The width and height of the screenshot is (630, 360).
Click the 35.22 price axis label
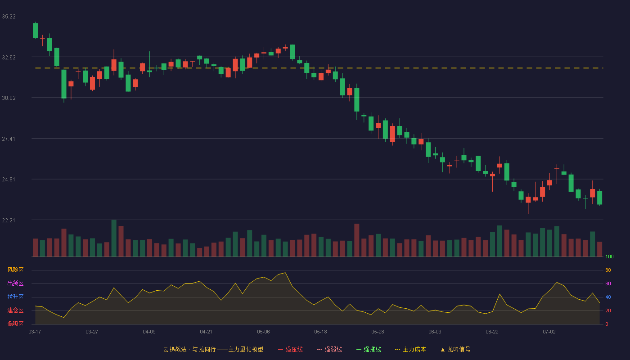(9, 17)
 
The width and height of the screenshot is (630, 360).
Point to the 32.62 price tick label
(9, 58)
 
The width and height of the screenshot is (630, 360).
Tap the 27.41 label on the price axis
(9, 139)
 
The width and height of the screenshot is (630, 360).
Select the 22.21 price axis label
(9, 220)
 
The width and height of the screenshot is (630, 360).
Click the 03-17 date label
(35, 332)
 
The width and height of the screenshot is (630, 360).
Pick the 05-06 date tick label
(263, 332)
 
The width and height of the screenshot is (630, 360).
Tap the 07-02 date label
(549, 332)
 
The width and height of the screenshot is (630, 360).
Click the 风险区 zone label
(15, 270)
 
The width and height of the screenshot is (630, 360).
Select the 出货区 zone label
(15, 283)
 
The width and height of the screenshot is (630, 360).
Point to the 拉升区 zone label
(15, 297)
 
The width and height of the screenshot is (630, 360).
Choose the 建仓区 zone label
(15, 310)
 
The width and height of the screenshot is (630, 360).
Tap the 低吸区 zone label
(15, 324)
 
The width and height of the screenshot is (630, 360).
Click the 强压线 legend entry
(290, 349)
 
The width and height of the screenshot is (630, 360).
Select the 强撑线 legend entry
(369, 349)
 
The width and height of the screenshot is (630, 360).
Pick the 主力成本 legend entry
(410, 349)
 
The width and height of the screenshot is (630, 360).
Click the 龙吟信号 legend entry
(455, 349)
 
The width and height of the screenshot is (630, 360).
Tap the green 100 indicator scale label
(609, 256)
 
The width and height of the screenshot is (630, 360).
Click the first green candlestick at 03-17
(35, 31)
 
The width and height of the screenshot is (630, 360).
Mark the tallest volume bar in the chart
(114, 238)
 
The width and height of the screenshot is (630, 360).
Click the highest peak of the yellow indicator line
(285, 273)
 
